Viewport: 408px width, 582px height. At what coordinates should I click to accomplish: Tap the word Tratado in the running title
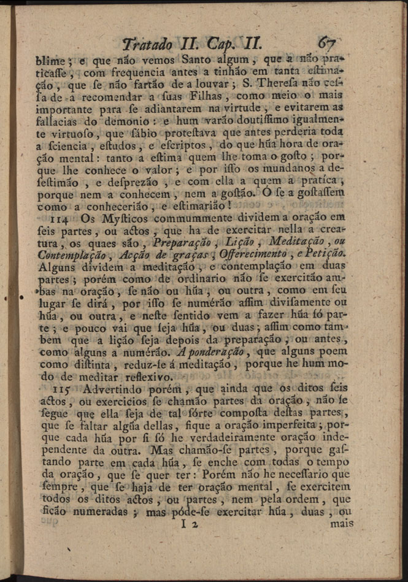pyautogui.click(x=147, y=44)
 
